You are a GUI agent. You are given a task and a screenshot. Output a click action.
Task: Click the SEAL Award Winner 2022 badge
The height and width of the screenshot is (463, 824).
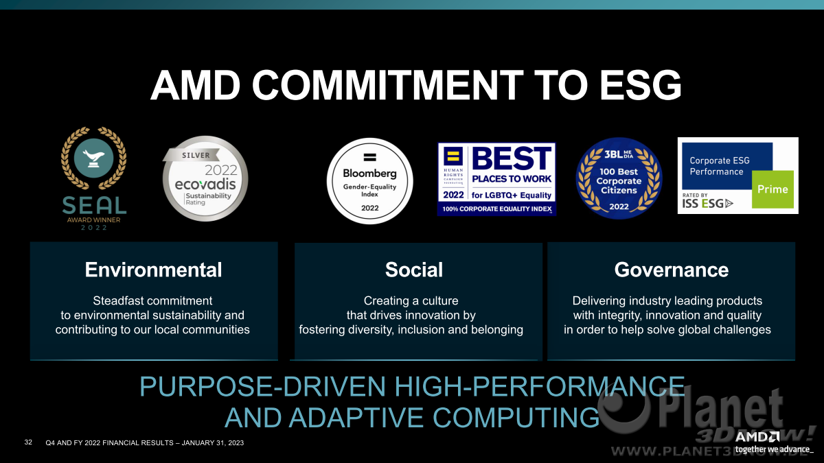[x=94, y=178]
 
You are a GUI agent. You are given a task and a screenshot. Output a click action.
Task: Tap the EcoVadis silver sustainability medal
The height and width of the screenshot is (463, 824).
[x=205, y=178]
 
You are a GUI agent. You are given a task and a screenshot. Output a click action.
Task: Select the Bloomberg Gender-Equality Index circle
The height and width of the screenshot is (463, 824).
[x=369, y=181]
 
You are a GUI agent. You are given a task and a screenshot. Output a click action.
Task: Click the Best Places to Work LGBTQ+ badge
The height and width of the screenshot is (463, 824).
[x=496, y=179]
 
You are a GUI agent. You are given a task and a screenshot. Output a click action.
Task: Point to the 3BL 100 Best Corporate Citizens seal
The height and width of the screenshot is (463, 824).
[x=619, y=178]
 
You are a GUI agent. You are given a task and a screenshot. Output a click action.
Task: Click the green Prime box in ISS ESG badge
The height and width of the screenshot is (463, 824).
[x=772, y=189]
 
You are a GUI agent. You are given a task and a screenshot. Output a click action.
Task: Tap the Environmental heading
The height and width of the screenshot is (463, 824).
[x=153, y=270]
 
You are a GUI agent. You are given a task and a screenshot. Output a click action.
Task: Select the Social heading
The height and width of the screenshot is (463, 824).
[x=414, y=270]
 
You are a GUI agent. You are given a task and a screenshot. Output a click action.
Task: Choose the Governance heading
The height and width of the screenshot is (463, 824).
[x=672, y=270]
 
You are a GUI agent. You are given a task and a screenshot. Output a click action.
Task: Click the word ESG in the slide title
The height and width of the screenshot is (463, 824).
[x=641, y=85]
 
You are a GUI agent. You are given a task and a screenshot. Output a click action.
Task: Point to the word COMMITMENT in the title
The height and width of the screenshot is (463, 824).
[x=388, y=85]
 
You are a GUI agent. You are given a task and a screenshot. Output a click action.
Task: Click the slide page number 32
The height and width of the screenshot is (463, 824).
[x=28, y=442]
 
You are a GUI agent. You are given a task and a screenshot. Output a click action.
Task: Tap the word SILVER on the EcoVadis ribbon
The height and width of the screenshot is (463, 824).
[x=196, y=155]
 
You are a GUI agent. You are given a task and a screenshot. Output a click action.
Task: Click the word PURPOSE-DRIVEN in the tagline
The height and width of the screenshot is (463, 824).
[x=262, y=386]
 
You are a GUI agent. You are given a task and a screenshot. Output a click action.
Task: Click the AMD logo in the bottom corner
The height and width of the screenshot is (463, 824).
[x=757, y=437]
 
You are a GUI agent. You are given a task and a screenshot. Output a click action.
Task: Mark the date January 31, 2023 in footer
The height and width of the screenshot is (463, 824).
[x=213, y=443]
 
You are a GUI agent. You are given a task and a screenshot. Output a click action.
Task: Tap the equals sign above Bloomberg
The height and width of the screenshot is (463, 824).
[x=369, y=157]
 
